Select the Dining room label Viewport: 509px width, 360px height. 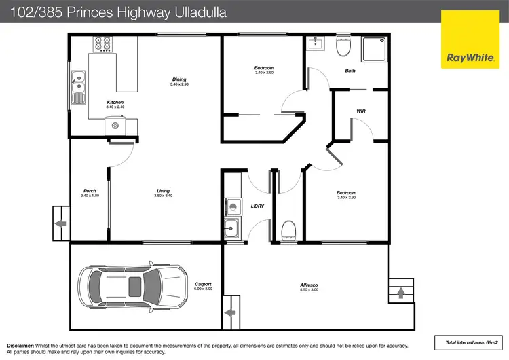tap(179, 79)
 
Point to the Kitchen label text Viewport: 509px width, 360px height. tap(115, 103)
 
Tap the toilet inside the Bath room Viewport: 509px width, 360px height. tap(343, 47)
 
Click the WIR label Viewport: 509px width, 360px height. tap(362, 111)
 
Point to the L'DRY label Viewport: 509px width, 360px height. tap(257, 206)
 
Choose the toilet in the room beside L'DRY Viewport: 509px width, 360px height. tap(288, 229)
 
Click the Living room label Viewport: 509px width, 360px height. tap(163, 191)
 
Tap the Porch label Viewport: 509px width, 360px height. tap(90, 191)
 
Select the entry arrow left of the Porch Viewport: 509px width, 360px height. tap(60, 223)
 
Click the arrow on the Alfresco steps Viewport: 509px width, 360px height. tap(400, 293)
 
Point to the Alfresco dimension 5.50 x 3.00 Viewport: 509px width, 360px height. tap(309, 290)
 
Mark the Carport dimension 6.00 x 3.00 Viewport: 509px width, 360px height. tap(203, 289)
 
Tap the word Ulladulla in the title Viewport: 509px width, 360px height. tap(197, 12)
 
